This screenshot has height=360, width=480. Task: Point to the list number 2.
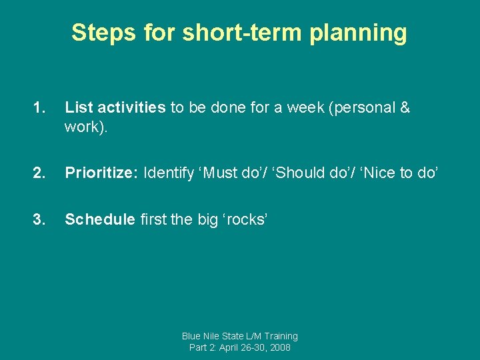tap(39, 173)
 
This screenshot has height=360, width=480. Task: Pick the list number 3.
tap(39, 220)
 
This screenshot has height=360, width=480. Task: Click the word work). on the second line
tap(85, 127)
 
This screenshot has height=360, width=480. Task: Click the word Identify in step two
tap(167, 173)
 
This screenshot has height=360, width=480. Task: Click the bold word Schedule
tap(99, 220)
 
